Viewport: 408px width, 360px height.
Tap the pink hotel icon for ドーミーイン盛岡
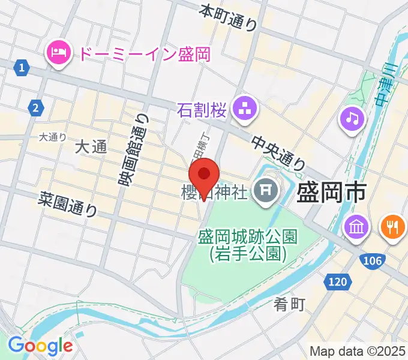coord(58,53)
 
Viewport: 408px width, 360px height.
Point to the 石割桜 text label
coord(202,109)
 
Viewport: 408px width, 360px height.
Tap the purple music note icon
coord(352,118)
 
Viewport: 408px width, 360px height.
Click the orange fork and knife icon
coord(393,227)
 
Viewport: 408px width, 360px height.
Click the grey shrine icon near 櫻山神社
coord(263,192)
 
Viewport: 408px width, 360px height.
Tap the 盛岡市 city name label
coord(332,193)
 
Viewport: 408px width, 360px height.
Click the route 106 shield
coord(372,260)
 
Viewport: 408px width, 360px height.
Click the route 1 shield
coord(22,68)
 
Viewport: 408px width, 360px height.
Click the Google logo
coord(40,346)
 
